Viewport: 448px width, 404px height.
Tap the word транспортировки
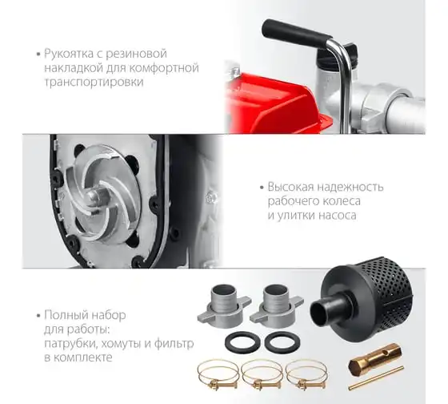point(94,83)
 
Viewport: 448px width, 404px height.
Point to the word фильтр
point(174,343)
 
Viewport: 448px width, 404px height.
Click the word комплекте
point(83,358)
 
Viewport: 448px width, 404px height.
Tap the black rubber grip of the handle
point(296,32)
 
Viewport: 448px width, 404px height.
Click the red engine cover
point(274,104)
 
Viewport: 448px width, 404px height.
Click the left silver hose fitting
point(224,306)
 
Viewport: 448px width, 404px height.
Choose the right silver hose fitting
point(276,306)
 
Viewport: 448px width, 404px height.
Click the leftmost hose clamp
point(218,374)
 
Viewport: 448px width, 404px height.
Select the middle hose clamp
point(262,374)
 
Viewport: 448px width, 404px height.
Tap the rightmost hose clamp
point(306,374)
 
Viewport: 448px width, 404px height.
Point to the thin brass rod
point(376,378)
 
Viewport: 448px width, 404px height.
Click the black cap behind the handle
point(349,52)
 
